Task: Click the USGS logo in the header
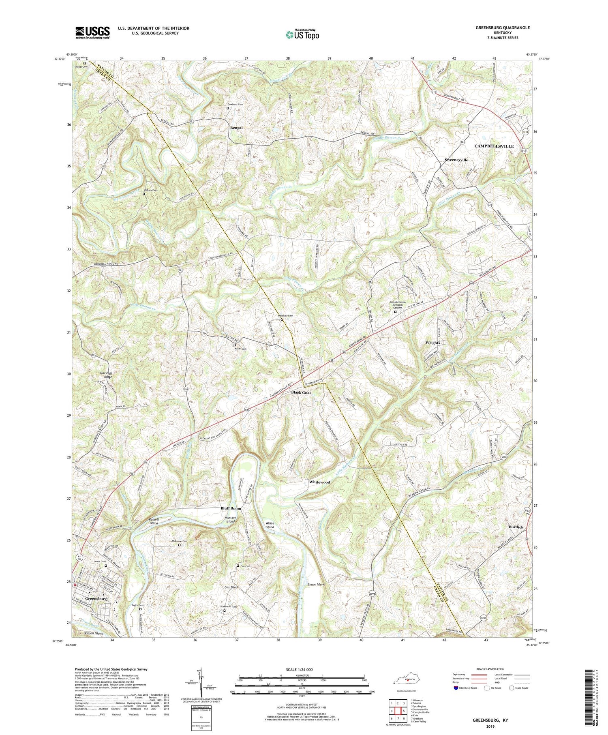click(92, 32)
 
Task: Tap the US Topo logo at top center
click(302, 35)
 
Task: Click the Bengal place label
click(236, 128)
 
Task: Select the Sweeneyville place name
click(456, 160)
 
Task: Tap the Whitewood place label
click(319, 482)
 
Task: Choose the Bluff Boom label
click(231, 508)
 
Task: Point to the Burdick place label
click(516, 527)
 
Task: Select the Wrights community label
click(432, 343)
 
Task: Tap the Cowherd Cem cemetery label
click(237, 105)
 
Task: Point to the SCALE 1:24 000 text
click(289, 670)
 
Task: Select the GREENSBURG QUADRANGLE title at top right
click(497, 28)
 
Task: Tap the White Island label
click(270, 525)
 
